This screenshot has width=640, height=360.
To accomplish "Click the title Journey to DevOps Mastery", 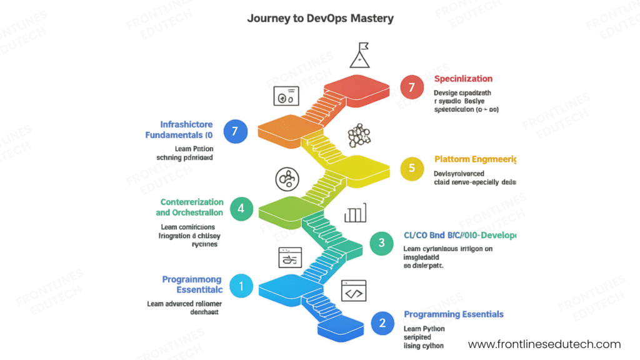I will point(320,18).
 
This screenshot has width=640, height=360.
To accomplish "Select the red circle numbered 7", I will point(411,87).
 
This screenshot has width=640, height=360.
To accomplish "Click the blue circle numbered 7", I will point(236,131).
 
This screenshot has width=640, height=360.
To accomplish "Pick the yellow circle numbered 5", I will point(411,167).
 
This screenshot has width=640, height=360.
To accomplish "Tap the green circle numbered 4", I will point(241,208).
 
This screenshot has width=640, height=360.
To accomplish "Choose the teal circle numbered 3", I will point(382,242).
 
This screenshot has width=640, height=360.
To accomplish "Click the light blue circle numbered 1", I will point(241,287).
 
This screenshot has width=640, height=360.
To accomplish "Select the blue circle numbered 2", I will point(382,323).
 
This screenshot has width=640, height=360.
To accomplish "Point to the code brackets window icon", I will point(353,291).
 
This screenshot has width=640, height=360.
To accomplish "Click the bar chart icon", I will point(355,214).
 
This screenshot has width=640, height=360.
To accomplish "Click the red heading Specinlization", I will point(463,79).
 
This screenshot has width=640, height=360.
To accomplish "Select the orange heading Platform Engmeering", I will point(475,159).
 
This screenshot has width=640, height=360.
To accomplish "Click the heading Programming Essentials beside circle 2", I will point(453,314).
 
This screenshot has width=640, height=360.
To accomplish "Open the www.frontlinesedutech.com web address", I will point(544,344).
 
